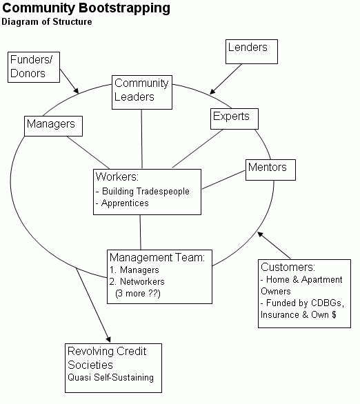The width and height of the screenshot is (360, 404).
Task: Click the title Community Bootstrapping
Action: coord(86,9)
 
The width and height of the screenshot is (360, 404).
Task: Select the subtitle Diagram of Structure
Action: coord(46,22)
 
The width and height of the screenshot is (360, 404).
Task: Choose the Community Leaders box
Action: coord(141,90)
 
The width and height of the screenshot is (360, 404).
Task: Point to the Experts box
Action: coord(234,117)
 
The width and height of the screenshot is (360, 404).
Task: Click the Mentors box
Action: coord(266,168)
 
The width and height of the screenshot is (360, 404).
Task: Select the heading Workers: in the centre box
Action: coord(118,176)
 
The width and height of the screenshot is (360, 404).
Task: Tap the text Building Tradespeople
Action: coord(144,190)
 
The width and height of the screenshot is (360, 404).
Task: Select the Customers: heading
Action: coord(288,267)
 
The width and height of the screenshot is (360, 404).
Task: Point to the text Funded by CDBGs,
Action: coord(301,303)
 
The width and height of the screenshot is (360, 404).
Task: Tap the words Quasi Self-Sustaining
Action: coord(110,377)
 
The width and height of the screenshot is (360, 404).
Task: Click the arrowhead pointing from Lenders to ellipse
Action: coord(212,90)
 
